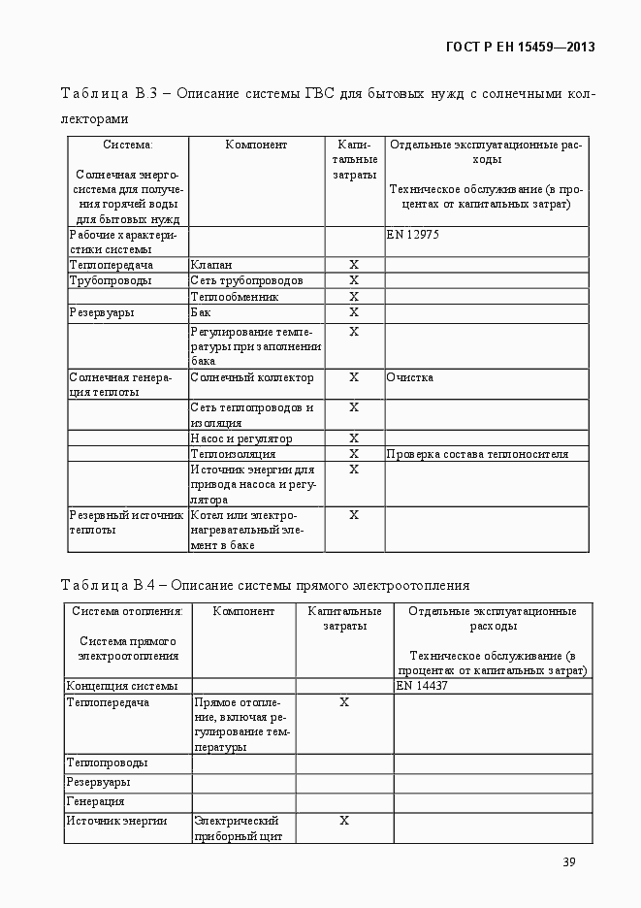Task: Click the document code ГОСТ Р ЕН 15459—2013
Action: coord(520,47)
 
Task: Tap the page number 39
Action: coord(570,862)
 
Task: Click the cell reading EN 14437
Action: coord(422,685)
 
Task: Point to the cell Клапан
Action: coord(211,265)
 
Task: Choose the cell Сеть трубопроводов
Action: coord(246,280)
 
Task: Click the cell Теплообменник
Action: coord(235,297)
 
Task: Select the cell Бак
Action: coord(201,312)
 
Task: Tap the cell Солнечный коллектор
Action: coord(252,377)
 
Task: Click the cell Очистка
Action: coord(410,377)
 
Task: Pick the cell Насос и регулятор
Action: coord(241,438)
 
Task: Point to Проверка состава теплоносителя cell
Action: coord(477,454)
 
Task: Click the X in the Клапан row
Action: coord(354,265)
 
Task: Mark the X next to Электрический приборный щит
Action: coord(344,821)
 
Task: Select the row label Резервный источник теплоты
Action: coord(126,523)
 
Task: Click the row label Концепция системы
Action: coord(122,685)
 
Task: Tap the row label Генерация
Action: coord(95,801)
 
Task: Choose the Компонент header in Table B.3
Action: coord(256,145)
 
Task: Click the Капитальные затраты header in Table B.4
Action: coord(344,619)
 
